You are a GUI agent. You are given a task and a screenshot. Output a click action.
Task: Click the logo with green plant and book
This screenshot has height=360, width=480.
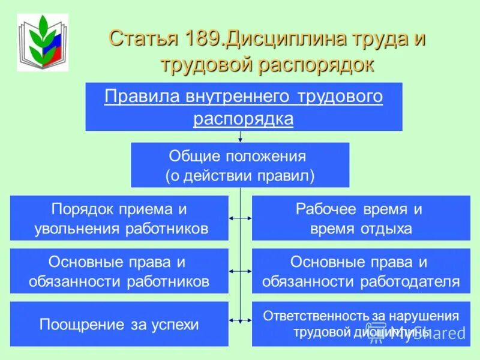click(42, 42)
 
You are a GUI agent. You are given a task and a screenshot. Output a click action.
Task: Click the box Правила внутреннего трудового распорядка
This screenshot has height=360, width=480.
click(244, 107)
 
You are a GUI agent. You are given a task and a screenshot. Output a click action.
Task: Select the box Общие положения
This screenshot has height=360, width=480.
click(239, 165)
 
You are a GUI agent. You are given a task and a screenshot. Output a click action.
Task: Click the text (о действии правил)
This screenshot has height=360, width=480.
click(239, 175)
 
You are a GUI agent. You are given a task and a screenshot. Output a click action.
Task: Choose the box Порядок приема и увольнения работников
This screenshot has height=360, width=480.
click(119, 218)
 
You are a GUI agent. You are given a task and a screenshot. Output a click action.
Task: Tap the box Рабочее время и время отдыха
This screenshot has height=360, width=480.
click(361, 218)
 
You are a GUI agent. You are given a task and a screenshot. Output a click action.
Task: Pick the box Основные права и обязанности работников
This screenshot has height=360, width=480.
click(119, 271)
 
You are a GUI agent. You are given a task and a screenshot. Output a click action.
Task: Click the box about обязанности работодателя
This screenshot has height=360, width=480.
click(361, 271)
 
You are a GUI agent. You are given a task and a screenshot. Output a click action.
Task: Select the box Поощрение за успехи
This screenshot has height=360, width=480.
click(119, 324)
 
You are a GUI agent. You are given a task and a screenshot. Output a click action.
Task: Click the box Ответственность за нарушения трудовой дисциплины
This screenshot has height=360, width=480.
click(361, 324)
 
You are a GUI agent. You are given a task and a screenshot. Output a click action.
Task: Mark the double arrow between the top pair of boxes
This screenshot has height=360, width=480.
click(240, 218)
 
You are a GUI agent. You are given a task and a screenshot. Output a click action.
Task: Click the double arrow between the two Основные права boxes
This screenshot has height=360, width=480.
click(240, 271)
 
